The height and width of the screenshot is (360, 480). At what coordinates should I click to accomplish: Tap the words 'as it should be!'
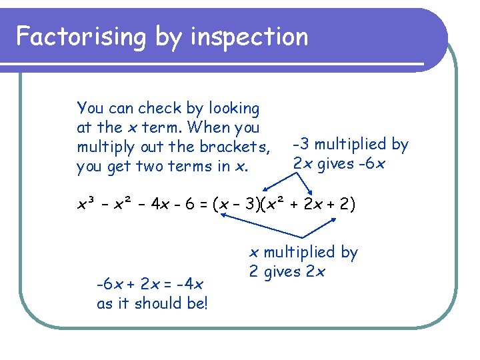point(153,303)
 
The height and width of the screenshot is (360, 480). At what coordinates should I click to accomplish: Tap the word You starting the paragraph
point(90,108)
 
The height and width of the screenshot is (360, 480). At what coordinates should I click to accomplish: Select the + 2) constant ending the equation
point(347,203)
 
